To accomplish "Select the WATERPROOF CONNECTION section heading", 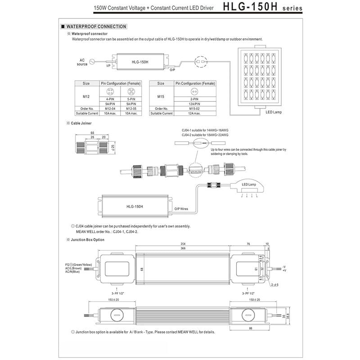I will pos(97,27).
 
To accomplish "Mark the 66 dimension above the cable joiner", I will pos(93,133).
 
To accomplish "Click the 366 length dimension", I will pos(184,248).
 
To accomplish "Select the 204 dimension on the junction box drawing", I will pos(183,244).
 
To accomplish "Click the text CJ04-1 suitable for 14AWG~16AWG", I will pos(205,130).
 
